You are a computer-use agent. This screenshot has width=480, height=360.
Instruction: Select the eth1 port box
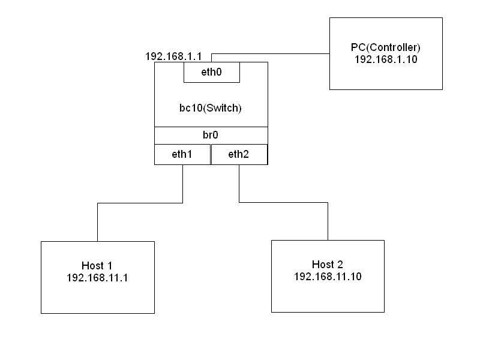tap(182, 154)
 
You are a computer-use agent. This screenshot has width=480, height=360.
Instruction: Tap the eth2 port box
tap(239, 154)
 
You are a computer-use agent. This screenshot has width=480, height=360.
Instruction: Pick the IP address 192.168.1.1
tap(173, 56)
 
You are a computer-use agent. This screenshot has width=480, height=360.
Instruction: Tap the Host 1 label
tap(97, 265)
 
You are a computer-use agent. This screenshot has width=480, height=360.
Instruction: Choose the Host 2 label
tap(328, 265)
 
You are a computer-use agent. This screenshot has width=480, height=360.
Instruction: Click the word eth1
tap(182, 154)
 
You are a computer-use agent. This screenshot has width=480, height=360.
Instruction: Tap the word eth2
tap(238, 154)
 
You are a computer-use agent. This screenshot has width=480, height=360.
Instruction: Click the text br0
tap(211, 136)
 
